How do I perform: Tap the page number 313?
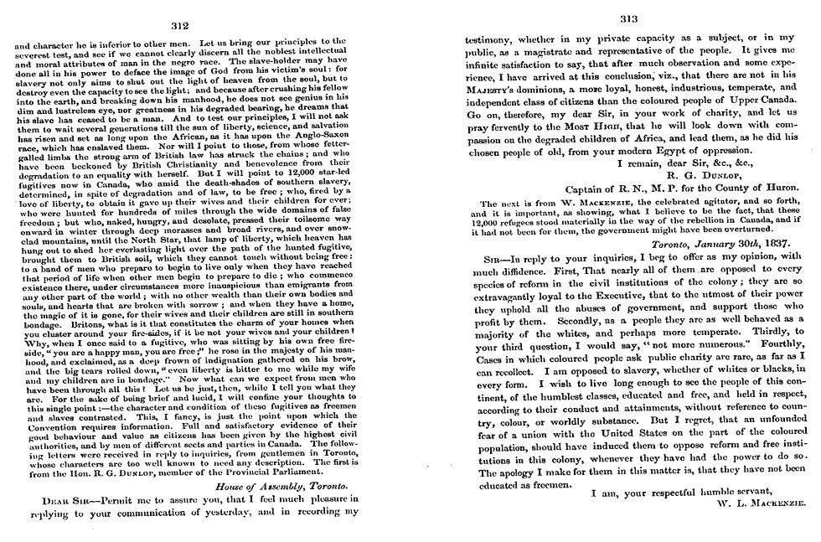pos(628,19)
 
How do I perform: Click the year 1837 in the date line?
pos(768,244)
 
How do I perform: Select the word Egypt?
pos(658,151)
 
